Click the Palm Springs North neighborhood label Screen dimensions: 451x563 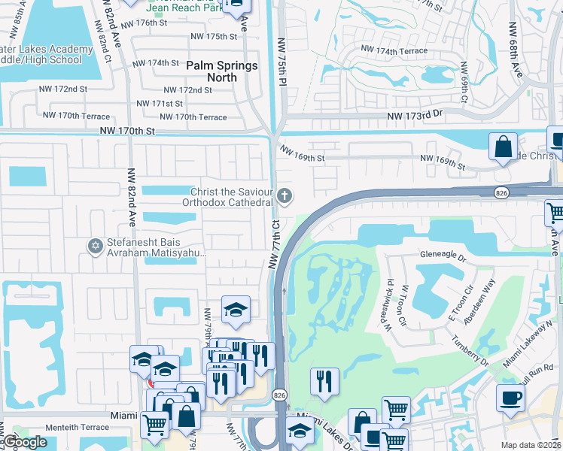222,71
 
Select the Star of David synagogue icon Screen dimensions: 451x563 95,247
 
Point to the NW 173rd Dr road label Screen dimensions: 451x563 416,117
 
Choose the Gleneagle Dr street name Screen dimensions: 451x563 444,255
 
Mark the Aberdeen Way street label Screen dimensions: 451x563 480,300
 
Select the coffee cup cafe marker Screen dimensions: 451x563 511,398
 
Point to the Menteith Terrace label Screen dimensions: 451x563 78,427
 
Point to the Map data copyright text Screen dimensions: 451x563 531,445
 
